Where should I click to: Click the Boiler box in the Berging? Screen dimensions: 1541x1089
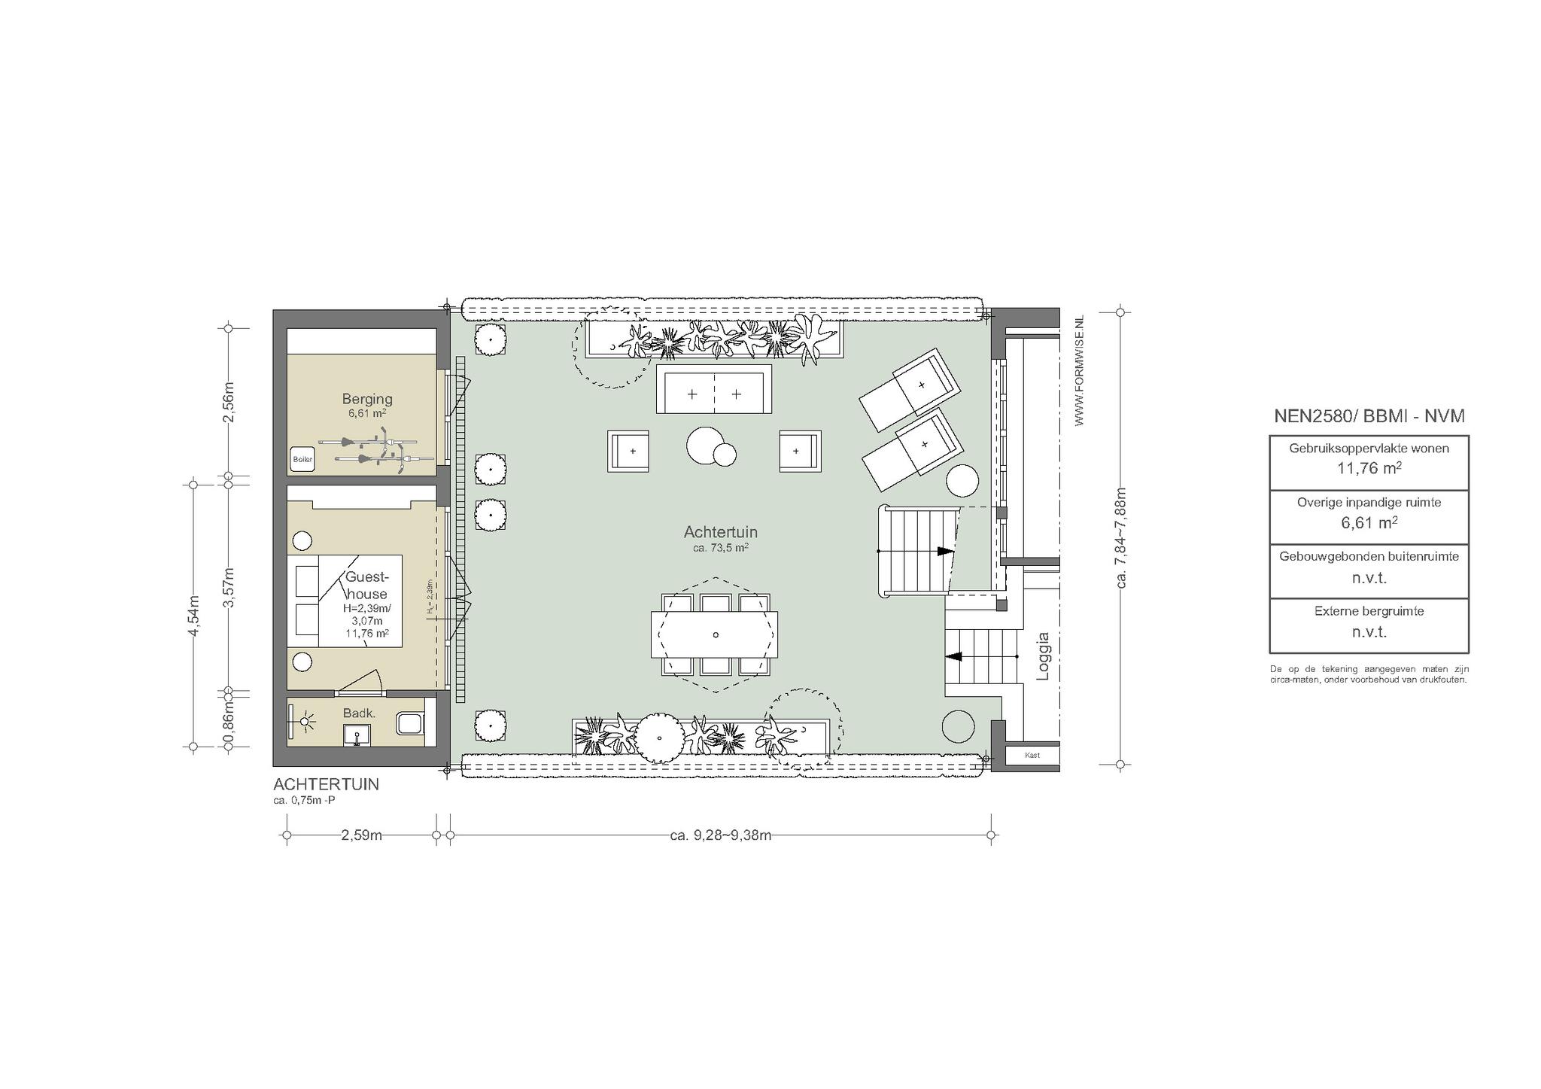(302, 459)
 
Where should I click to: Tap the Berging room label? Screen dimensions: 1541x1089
(367, 399)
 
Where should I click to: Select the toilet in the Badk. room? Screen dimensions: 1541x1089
(411, 724)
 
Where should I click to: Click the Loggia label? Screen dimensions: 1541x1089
(1043, 656)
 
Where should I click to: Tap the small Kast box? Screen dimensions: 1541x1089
(1032, 755)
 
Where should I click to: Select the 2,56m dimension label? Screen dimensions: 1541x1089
(229, 402)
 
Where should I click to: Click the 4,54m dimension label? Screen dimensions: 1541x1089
(194, 616)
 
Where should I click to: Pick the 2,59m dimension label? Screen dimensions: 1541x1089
(362, 835)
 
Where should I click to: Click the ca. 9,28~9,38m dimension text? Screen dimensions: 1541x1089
(720, 835)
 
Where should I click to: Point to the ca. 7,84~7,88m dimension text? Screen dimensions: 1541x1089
(1122, 537)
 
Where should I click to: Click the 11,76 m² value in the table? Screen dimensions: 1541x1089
(1369, 468)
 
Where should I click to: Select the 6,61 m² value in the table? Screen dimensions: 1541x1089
(1369, 522)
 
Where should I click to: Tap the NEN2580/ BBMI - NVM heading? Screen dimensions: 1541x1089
(1369, 416)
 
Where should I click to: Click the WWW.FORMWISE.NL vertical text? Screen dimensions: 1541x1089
(1080, 371)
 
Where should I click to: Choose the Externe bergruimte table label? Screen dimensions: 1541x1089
(1369, 611)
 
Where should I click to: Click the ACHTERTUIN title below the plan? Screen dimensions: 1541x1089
(327, 784)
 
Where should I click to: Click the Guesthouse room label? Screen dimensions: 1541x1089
(366, 586)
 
